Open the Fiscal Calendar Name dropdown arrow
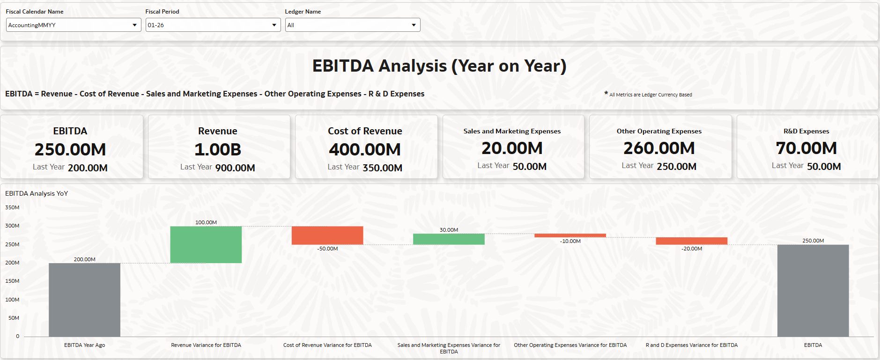(x=134, y=25)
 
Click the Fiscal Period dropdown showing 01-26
(x=213, y=25)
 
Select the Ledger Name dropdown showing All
(x=352, y=25)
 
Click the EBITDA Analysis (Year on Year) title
(x=439, y=66)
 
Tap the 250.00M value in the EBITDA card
(x=70, y=150)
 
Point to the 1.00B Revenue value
(x=218, y=150)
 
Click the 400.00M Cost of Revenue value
(x=365, y=150)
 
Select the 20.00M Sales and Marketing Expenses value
(x=512, y=148)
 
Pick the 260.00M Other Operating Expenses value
(x=659, y=148)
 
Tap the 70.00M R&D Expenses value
(x=806, y=148)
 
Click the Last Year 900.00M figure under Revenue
(x=235, y=168)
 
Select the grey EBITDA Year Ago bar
(x=84, y=300)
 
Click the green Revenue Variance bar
(x=206, y=244)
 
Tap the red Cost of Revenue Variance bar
(x=327, y=235)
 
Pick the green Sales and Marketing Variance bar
(x=449, y=239)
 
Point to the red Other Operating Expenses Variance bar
(x=570, y=235)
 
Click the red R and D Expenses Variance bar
(x=691, y=241)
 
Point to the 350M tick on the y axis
(x=12, y=207)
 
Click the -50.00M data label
(x=327, y=249)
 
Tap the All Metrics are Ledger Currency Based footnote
(x=650, y=95)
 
